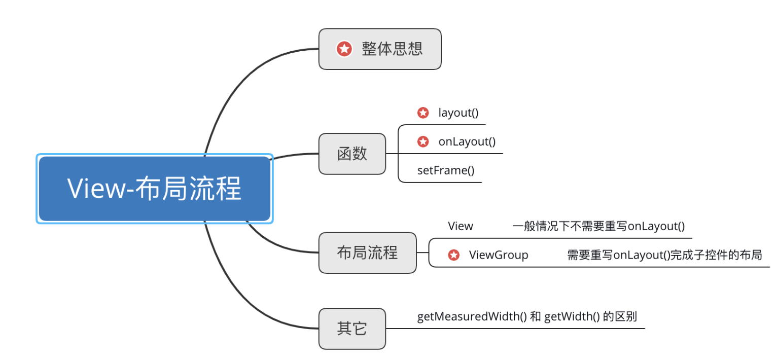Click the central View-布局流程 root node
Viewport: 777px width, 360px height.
tap(155, 189)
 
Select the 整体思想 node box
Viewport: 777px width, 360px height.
tap(380, 49)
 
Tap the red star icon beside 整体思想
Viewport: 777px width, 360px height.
tap(344, 49)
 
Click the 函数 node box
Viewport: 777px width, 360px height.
tap(352, 154)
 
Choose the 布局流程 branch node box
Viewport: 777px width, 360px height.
tap(367, 253)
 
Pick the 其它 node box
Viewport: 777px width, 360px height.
tap(352, 329)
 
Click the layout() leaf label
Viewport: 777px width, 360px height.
tap(458, 113)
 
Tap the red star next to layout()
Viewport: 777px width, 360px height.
tap(423, 113)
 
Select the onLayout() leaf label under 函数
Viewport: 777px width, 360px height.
tap(467, 141)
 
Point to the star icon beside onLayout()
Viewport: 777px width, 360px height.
tap(423, 141)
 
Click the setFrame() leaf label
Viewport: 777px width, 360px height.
tap(446, 170)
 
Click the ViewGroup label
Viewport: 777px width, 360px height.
tap(499, 255)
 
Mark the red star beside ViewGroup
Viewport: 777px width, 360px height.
tap(454, 255)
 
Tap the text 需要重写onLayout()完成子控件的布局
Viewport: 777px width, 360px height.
tap(664, 255)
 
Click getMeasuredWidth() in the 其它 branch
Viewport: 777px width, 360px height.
tap(472, 317)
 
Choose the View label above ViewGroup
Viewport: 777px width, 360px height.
tap(461, 226)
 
